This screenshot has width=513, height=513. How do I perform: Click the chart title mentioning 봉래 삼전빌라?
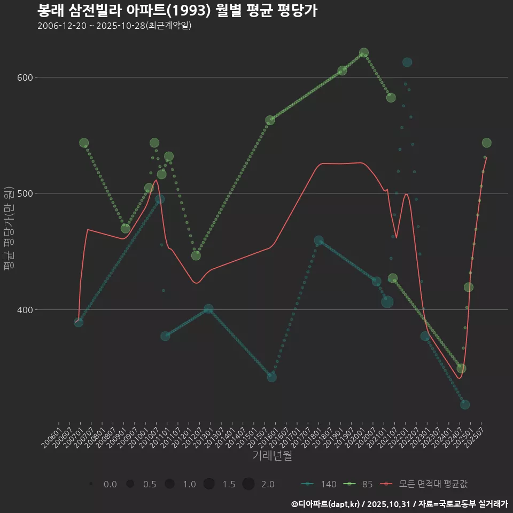point(177,10)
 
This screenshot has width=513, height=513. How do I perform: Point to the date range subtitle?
point(114,26)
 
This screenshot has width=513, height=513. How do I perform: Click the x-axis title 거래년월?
point(272,456)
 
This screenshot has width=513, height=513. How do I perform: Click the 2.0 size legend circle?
point(248,484)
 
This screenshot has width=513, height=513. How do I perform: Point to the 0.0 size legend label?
point(110,484)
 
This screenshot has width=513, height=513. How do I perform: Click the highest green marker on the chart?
point(364,53)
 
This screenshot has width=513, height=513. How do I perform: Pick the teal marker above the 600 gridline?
point(407,63)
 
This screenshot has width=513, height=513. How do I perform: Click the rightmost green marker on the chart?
point(486,143)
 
